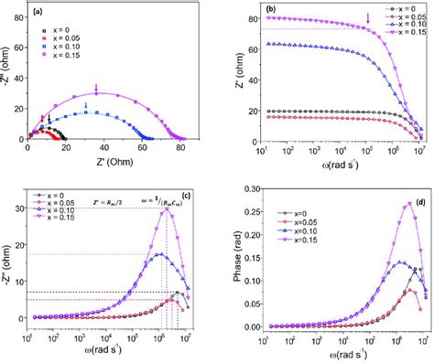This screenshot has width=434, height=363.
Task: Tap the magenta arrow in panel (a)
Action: (x=96, y=89)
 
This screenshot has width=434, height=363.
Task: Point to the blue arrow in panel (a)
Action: (x=86, y=107)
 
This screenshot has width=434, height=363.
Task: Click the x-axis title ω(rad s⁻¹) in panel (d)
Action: (x=332, y=353)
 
